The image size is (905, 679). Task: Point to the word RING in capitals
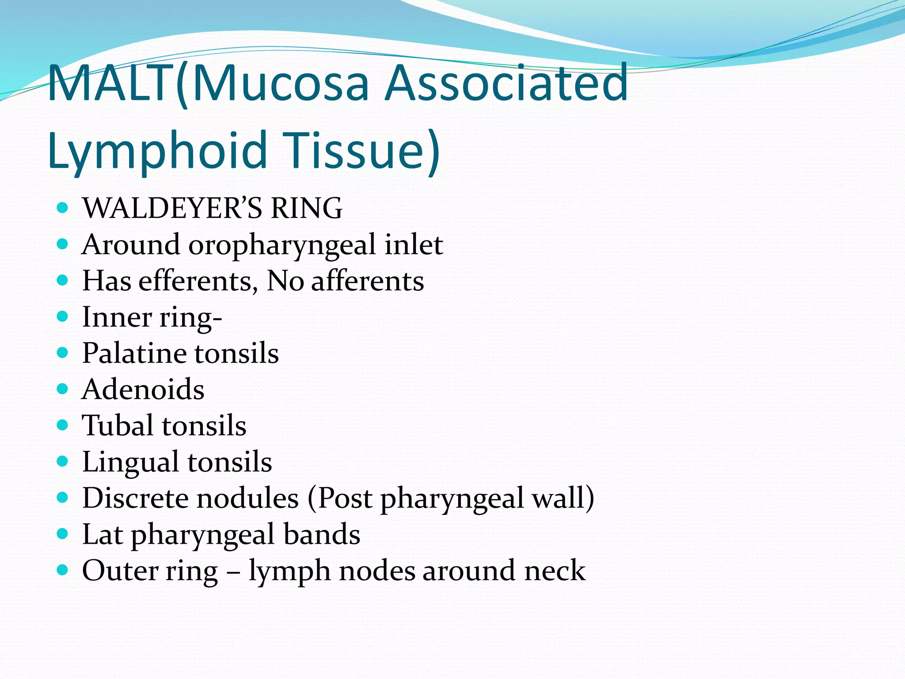[306, 208]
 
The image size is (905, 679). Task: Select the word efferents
[198, 281]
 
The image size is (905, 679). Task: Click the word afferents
[367, 281]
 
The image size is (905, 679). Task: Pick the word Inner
[117, 317]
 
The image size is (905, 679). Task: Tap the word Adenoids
[143, 389]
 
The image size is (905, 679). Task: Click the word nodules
[247, 498]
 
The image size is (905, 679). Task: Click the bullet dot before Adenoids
[63, 389]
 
